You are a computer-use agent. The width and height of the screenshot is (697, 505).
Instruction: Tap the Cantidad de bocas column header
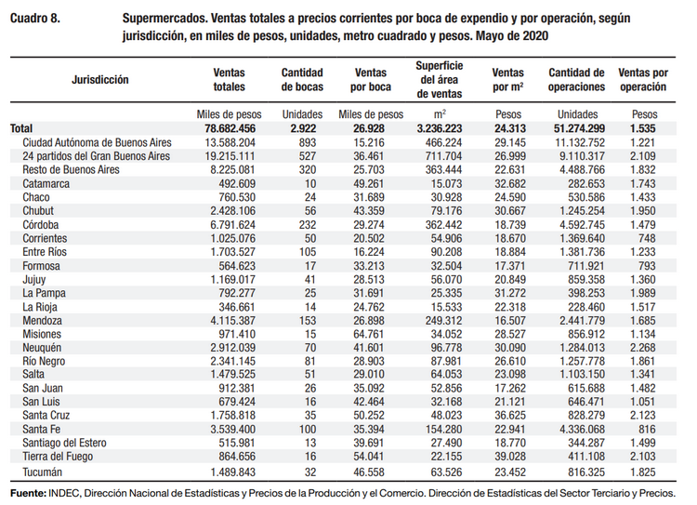(302, 79)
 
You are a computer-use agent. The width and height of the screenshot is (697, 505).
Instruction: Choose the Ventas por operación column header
(642, 79)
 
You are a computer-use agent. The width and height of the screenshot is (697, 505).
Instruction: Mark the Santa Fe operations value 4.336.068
(577, 430)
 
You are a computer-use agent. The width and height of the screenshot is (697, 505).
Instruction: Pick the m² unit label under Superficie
(441, 113)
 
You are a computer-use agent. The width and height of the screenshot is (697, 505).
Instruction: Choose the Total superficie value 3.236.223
(441, 128)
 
